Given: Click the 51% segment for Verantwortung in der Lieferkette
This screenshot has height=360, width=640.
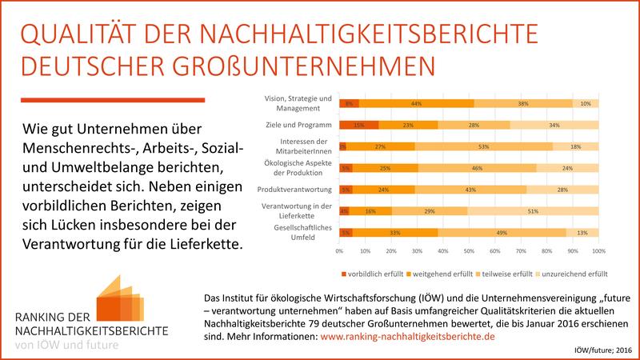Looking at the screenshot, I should (532, 211).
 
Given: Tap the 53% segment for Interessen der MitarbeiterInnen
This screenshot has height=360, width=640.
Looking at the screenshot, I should (483, 146).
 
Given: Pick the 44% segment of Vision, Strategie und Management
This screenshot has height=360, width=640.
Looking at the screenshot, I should (416, 103).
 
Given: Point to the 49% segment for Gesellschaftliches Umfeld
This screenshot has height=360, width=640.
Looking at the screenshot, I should (501, 233).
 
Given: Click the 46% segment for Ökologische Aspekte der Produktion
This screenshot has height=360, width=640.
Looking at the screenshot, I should (478, 168).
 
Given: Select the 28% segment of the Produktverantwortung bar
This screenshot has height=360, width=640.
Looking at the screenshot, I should (562, 190).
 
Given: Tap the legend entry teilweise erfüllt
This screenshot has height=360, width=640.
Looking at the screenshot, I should (503, 273).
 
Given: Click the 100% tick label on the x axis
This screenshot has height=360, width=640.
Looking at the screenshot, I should (596, 251).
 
